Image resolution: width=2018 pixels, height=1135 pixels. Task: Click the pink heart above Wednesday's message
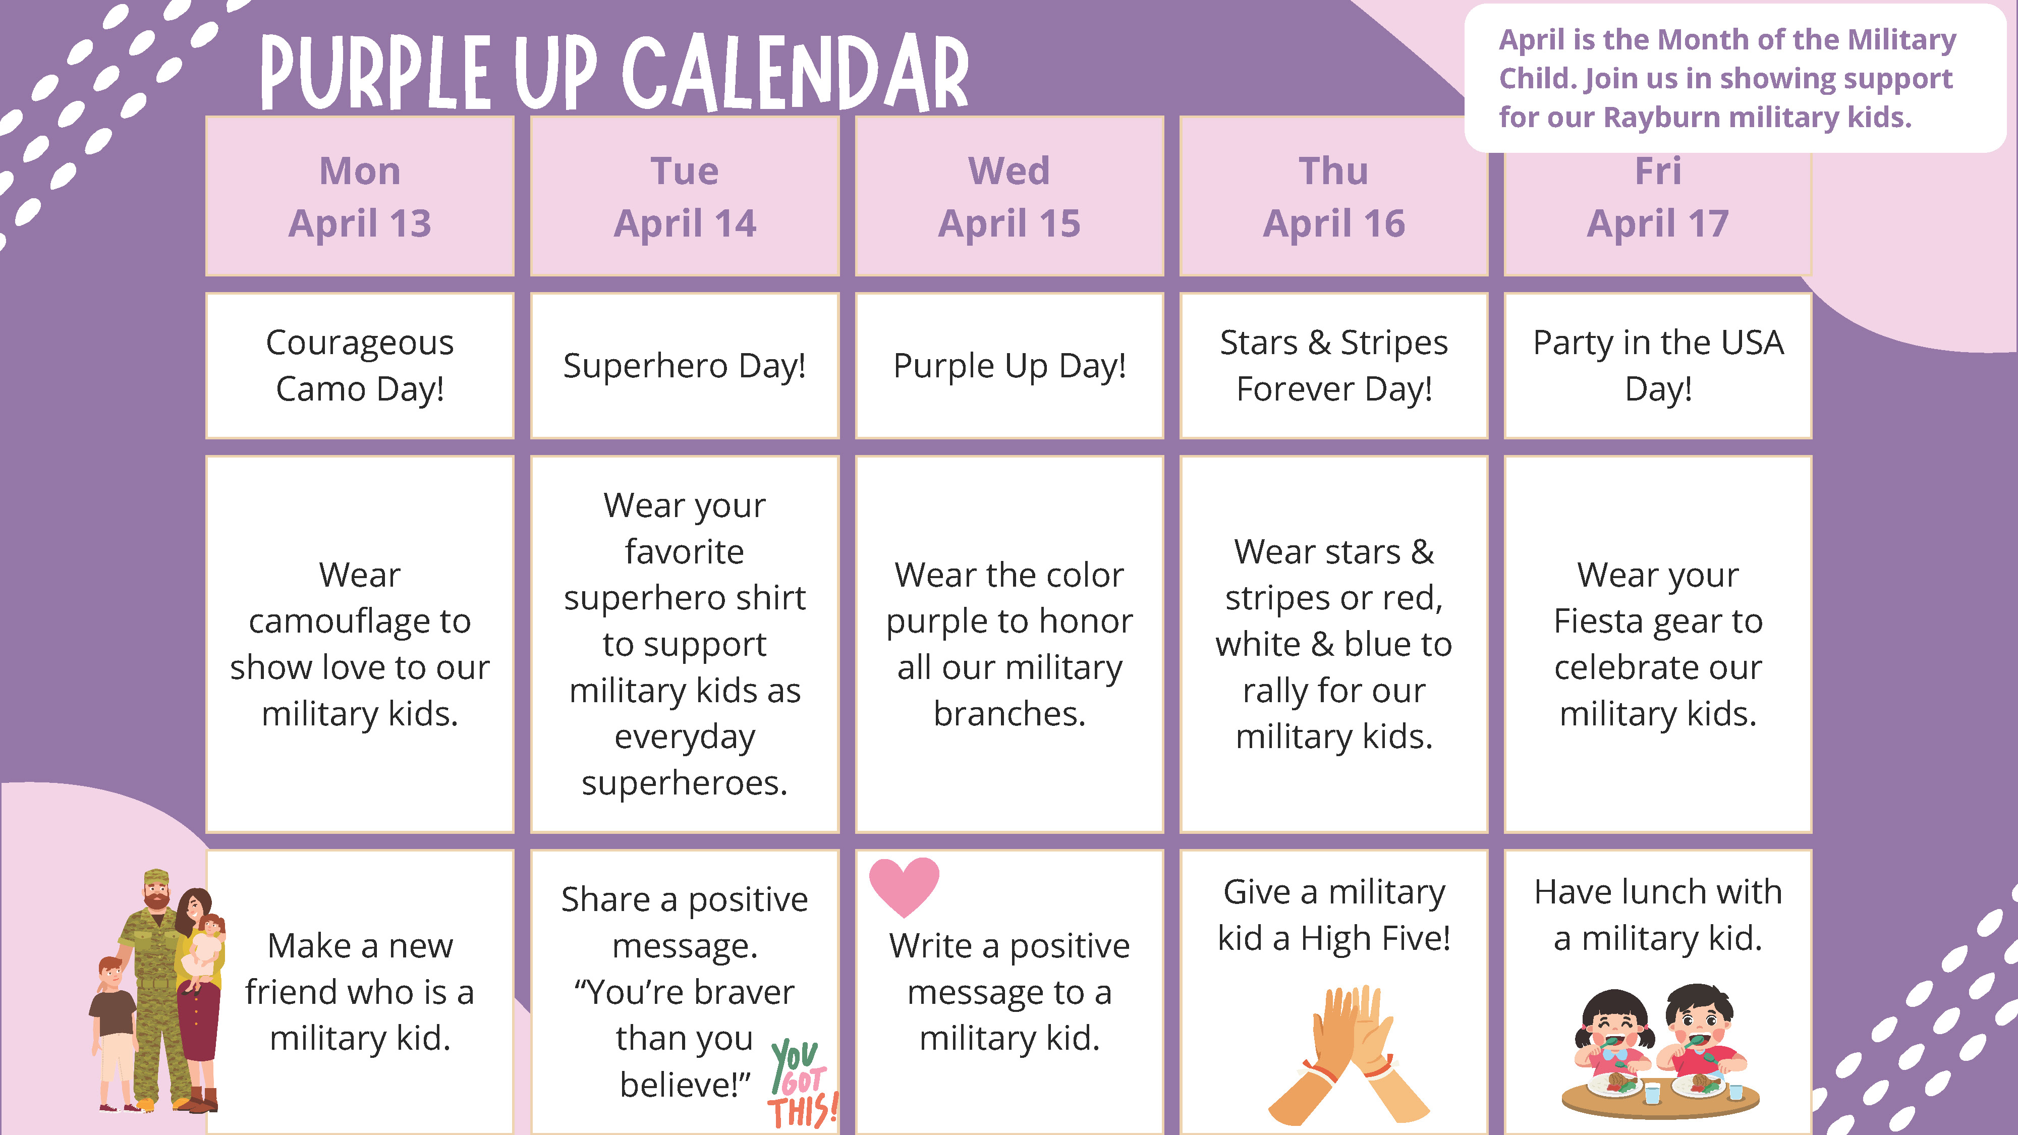904,886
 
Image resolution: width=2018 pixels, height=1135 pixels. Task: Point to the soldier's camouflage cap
156,877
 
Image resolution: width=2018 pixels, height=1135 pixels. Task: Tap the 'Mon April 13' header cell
360,196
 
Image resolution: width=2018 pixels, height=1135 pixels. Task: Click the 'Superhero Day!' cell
685,366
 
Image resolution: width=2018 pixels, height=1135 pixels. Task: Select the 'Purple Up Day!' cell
1009,366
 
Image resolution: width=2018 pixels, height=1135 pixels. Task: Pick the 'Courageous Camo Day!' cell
360,366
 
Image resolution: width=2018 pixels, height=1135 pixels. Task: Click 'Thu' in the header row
1333,171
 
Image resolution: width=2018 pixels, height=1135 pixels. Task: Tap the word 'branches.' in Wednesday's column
1009,714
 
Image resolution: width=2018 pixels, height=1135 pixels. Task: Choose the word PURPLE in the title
374,73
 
